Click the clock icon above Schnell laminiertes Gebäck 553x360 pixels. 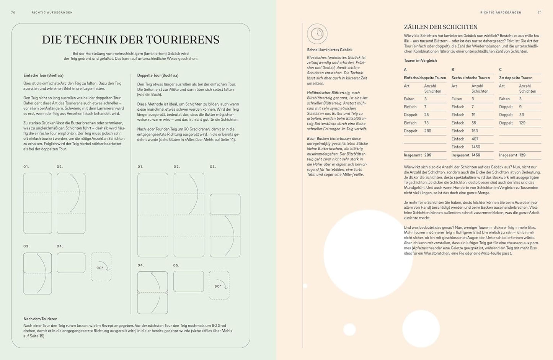[x=317, y=34]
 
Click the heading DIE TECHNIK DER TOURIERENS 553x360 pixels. [x=131, y=40]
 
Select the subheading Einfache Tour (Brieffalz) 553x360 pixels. [x=43, y=75]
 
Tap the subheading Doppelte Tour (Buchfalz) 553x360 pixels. [x=158, y=75]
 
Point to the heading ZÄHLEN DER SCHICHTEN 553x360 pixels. [x=440, y=27]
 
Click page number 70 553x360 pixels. [x=13, y=13]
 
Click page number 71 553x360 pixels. [x=540, y=13]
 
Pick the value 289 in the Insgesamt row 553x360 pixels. [x=427, y=155]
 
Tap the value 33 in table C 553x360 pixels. [x=522, y=115]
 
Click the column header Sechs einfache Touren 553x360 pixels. [x=470, y=78]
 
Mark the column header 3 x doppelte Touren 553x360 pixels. [x=516, y=78]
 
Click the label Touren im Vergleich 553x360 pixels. [x=420, y=61]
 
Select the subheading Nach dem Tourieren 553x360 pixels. [x=40, y=319]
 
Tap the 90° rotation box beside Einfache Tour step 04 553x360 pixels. [x=101, y=267]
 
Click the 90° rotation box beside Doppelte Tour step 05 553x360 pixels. [x=219, y=285]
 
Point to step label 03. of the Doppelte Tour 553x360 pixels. [x=212, y=167]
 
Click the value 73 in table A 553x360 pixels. [x=426, y=123]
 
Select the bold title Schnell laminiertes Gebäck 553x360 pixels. [x=330, y=50]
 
